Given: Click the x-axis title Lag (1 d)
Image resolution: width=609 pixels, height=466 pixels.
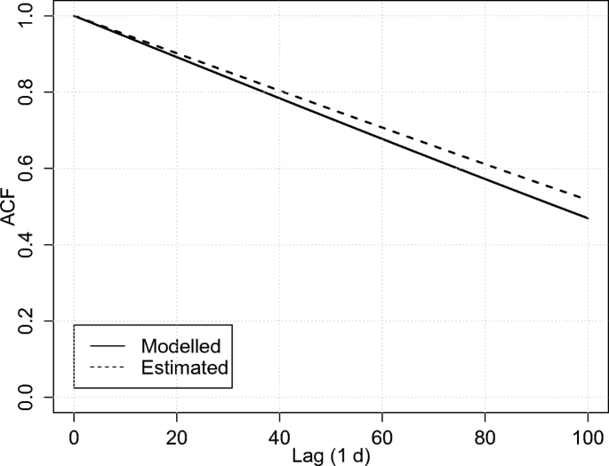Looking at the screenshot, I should click(330, 456).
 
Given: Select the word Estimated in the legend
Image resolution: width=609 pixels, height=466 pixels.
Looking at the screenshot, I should click(184, 367).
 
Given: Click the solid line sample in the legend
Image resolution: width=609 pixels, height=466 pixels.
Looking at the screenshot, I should click(107, 344).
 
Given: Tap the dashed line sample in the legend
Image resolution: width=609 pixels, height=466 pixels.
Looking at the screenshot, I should click(107, 367).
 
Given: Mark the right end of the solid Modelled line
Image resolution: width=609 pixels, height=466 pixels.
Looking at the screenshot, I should click(587, 217).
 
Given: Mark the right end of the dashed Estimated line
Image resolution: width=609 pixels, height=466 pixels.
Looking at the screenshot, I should click(587, 197).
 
